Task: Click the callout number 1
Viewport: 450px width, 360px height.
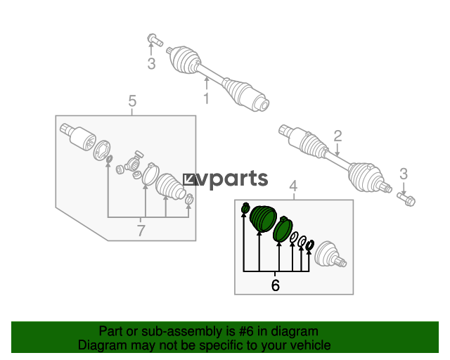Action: click(x=206, y=98)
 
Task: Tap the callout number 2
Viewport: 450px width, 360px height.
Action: click(x=337, y=136)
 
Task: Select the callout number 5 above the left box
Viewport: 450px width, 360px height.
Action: click(x=132, y=101)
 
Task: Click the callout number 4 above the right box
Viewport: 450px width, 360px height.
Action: click(x=293, y=186)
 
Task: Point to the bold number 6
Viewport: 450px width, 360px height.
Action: click(x=275, y=285)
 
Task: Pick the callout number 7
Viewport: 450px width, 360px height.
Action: click(x=141, y=231)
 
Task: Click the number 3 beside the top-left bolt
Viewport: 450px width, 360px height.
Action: click(x=152, y=64)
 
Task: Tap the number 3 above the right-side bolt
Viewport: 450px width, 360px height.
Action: click(x=404, y=174)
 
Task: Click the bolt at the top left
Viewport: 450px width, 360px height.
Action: click(x=155, y=40)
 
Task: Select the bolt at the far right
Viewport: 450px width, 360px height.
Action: click(x=406, y=199)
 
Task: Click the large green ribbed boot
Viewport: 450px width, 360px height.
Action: click(x=263, y=218)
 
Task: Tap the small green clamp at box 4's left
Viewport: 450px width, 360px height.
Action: click(x=245, y=208)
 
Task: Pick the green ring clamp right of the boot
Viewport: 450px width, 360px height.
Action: click(x=283, y=229)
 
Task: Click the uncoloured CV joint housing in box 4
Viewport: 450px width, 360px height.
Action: click(x=330, y=255)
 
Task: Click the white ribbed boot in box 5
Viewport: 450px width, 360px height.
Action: click(x=170, y=186)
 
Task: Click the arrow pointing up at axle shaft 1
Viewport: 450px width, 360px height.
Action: click(x=206, y=84)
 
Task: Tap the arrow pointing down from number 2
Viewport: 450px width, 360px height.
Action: click(x=337, y=149)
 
